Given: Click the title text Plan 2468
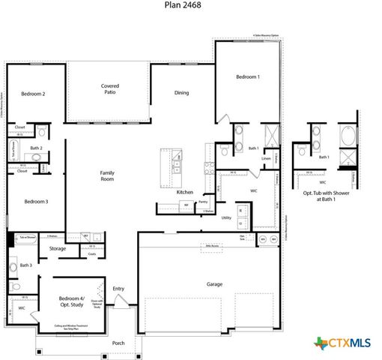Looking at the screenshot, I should (182, 4).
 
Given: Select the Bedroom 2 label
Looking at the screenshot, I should (33, 94).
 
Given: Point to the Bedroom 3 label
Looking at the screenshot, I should (35, 201).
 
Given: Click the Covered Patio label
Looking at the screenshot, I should (110, 90).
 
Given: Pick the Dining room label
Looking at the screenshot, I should (181, 93).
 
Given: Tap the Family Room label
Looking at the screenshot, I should (108, 176).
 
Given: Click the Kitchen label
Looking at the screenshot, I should (185, 192).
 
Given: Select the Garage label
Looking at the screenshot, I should (216, 284).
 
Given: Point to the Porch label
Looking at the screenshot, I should (118, 343).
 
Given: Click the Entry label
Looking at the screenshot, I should (118, 288).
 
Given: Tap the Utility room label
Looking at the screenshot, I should (225, 217).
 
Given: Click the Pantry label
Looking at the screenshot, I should (202, 202).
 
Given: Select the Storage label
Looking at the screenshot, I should (58, 248).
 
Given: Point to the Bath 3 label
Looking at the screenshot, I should (26, 265).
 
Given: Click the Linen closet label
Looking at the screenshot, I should (266, 157).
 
